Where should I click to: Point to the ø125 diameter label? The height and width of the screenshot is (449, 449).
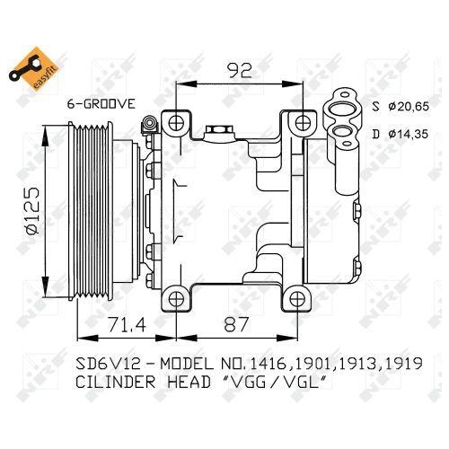[x=34, y=208]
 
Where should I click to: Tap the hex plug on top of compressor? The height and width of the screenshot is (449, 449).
[x=216, y=132]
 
